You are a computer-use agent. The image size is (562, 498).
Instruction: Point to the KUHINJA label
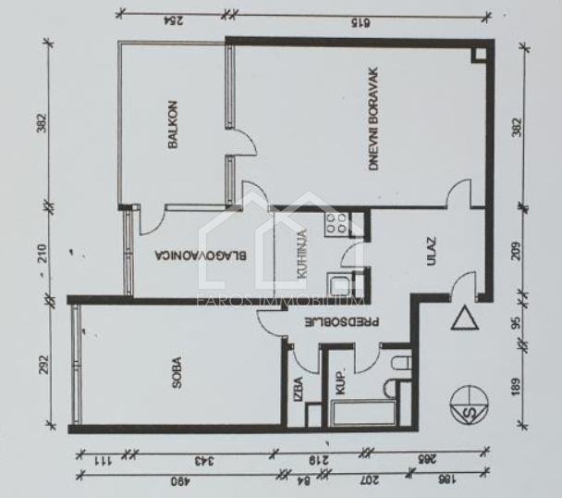pyautogui.click(x=301, y=249)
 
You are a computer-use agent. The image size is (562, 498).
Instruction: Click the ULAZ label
pyautogui.click(x=431, y=253)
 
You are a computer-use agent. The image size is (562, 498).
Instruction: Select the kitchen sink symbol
pyautogui.click(x=337, y=285)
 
